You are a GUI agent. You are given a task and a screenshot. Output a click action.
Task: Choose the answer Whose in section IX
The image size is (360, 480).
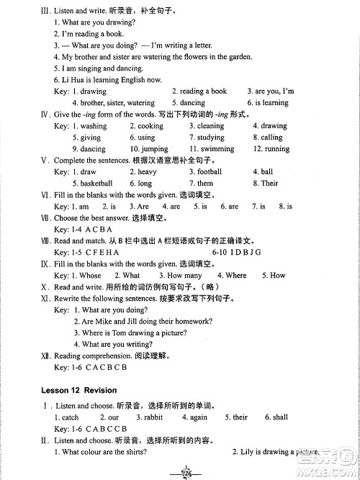pos(90,275)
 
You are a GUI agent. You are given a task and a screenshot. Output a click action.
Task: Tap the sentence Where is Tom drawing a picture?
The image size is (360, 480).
pos(135,332)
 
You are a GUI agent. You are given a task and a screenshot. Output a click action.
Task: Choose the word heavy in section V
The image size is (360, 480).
pos(147,172)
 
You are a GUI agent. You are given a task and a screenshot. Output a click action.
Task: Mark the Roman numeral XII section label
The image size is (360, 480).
pos(44,356)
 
